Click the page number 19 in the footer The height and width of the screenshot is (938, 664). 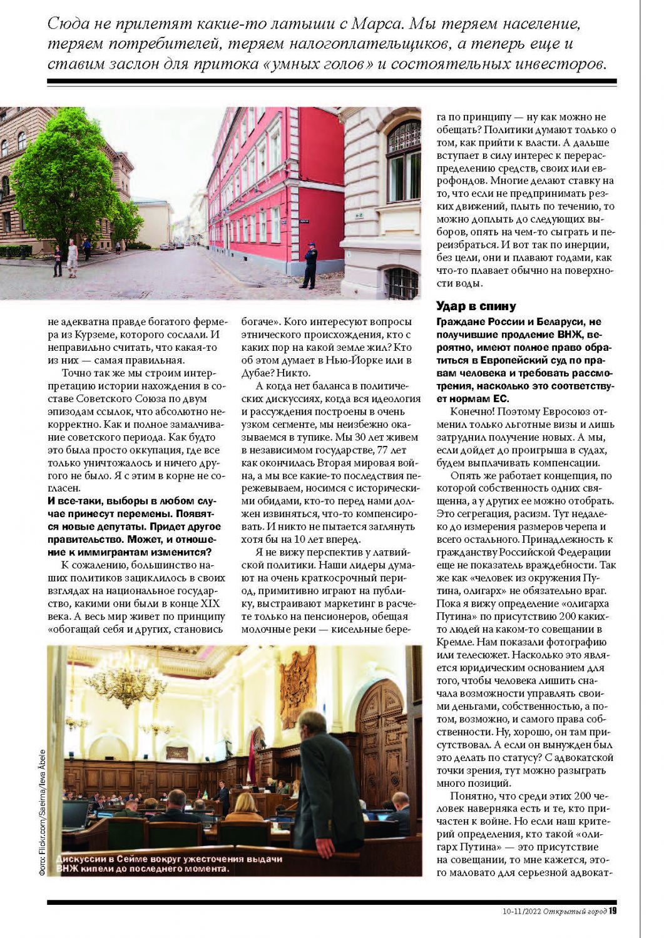[x=613, y=911]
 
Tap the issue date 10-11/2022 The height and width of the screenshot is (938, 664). [x=521, y=911]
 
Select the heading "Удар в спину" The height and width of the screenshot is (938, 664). [x=476, y=306]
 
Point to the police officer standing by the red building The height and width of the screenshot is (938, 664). [x=309, y=265]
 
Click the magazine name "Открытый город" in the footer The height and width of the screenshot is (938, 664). [x=575, y=911]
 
